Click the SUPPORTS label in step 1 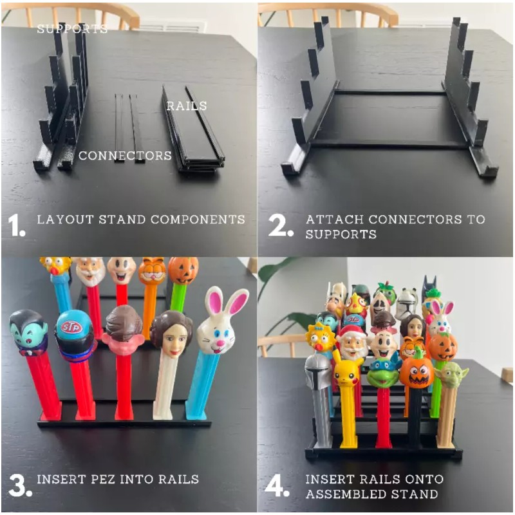71,29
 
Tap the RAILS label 187,106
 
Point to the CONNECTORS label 125,156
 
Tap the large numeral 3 17,484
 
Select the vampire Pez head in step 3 29,333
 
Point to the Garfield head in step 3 152,271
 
